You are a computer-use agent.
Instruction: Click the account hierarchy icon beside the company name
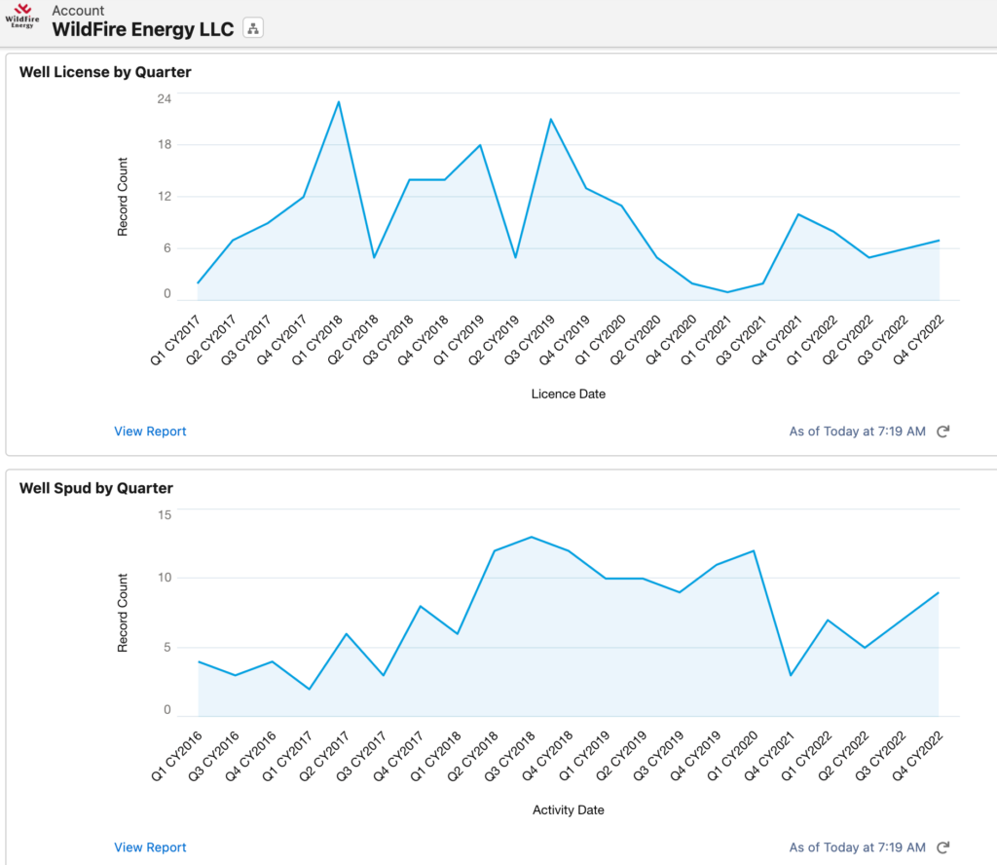(253, 28)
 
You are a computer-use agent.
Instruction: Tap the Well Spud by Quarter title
(96, 488)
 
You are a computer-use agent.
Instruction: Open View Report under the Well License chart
(150, 432)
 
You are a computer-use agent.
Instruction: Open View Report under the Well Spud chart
(150, 847)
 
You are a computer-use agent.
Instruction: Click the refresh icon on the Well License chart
(942, 432)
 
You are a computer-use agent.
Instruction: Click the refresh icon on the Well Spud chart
(942, 847)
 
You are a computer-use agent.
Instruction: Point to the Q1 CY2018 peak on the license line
(339, 101)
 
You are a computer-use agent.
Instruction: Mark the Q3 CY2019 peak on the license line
(551, 119)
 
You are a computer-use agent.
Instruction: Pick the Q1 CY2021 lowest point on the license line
(727, 292)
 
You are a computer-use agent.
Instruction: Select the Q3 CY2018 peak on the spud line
(531, 537)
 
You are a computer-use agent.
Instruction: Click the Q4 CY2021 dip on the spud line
(791, 675)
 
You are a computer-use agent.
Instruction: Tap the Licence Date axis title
(569, 395)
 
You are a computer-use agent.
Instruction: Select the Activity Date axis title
(569, 810)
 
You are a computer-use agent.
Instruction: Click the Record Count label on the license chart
(123, 197)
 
